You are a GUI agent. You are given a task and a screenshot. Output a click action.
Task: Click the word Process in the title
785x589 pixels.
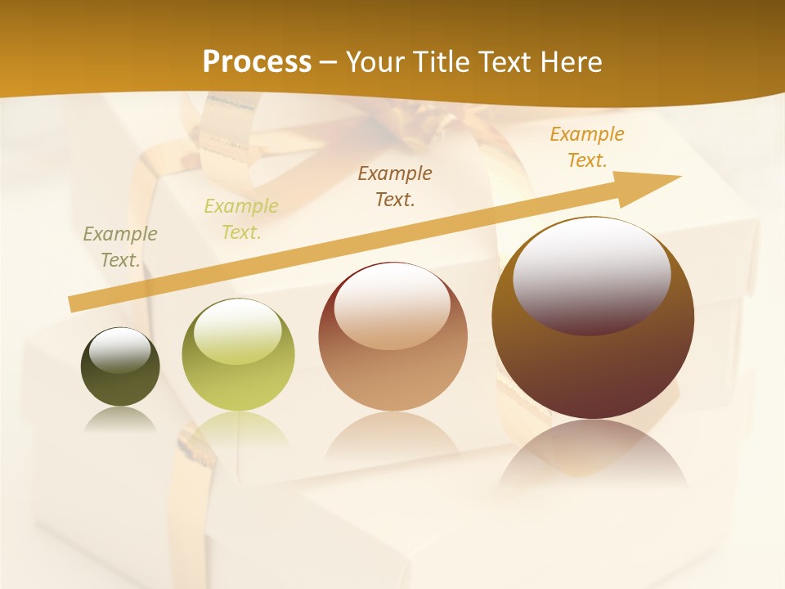click(257, 61)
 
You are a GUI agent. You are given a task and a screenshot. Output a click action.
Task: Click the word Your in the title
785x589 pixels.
click(374, 61)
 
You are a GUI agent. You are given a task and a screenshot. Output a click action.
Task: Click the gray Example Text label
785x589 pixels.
click(120, 247)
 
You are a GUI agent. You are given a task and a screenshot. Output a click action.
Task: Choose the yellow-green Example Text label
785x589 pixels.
click(241, 219)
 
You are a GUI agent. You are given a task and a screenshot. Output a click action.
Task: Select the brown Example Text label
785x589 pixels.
click(395, 186)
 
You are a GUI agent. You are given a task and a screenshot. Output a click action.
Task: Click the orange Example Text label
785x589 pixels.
click(586, 147)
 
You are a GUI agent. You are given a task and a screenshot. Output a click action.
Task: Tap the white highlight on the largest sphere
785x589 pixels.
click(591, 274)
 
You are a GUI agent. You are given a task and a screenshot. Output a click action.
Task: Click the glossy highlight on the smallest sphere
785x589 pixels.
click(119, 350)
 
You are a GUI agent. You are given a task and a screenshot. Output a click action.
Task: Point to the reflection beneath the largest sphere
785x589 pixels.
click(593, 454)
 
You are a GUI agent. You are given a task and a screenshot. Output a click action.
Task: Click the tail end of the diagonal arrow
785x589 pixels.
click(75, 303)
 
